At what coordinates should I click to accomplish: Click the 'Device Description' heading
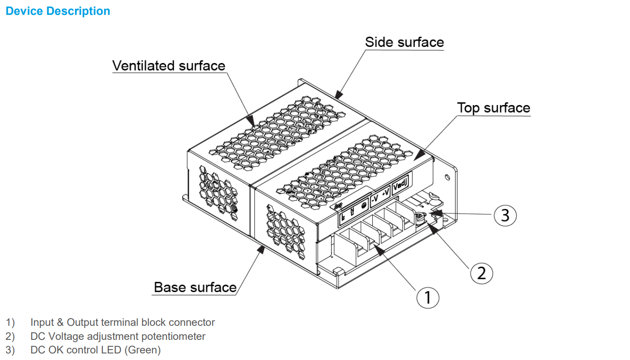(58, 11)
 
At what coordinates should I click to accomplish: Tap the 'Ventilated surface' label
(169, 66)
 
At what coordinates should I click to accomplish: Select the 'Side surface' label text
(404, 42)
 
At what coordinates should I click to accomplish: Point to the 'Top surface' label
(493, 108)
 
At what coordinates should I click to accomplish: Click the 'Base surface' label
(195, 287)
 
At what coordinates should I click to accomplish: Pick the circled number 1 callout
(428, 297)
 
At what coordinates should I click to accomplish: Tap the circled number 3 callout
(505, 216)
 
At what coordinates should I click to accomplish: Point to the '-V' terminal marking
(375, 198)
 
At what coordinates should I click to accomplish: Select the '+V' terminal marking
(385, 193)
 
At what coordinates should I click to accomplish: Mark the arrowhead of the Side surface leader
(338, 93)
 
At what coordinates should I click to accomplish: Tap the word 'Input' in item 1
(42, 323)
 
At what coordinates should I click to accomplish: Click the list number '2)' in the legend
(11, 336)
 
